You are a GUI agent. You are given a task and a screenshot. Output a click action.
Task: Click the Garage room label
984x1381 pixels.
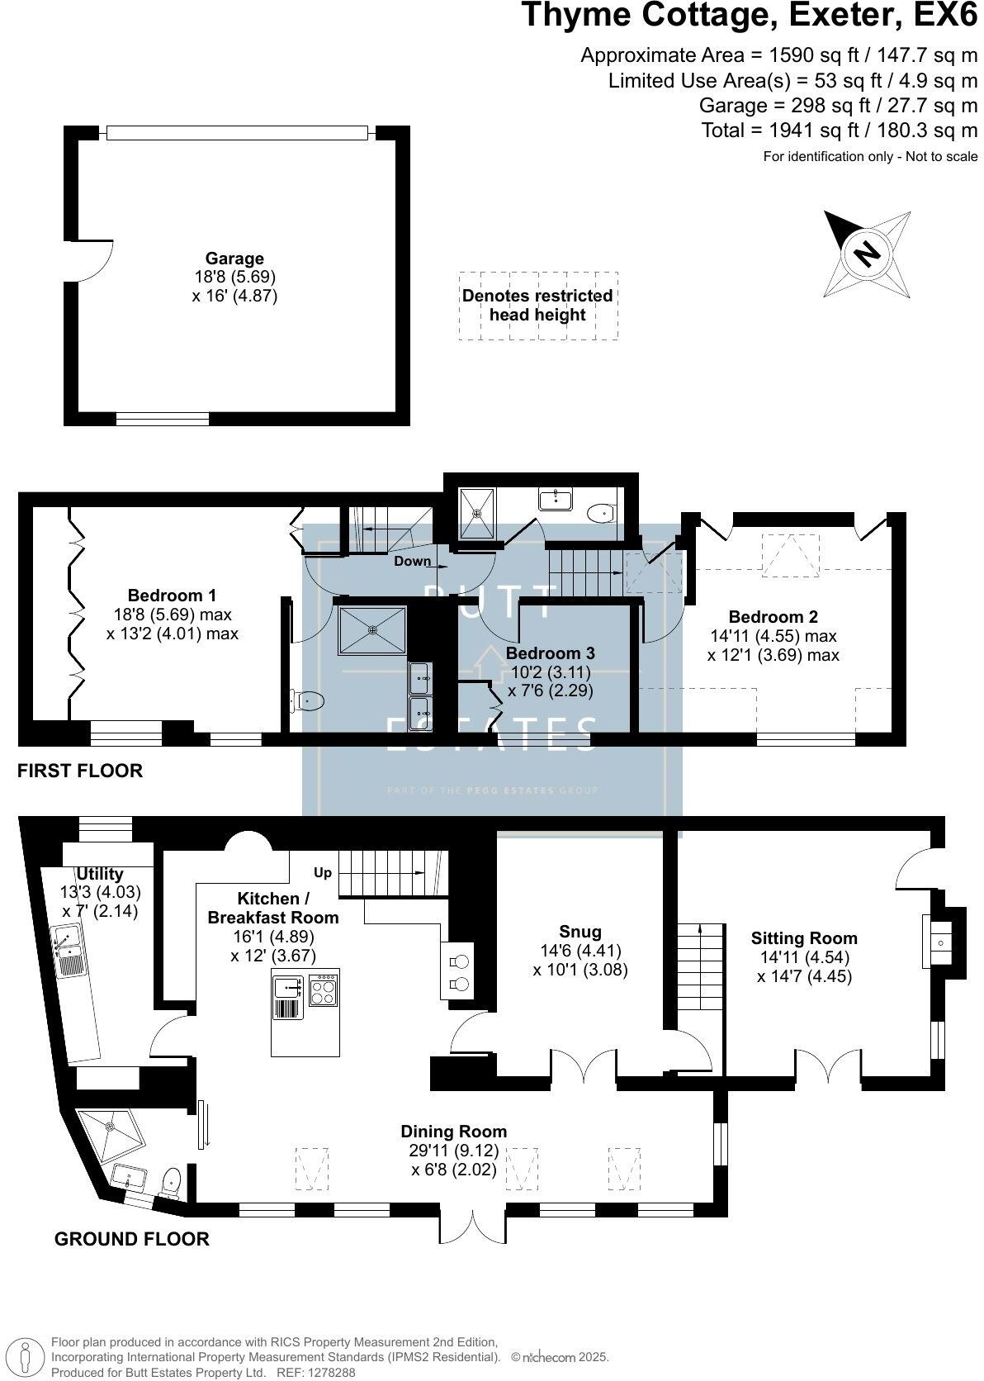(x=234, y=259)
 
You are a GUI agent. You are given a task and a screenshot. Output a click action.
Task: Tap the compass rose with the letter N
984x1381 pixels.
(x=866, y=253)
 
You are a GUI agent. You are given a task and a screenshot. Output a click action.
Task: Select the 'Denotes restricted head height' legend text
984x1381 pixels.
(x=537, y=305)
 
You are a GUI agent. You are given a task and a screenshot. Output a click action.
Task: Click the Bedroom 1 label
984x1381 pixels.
(x=172, y=596)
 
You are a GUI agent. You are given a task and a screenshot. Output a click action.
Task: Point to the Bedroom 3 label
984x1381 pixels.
(x=550, y=653)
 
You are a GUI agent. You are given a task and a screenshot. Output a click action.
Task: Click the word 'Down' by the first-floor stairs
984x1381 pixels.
(x=412, y=561)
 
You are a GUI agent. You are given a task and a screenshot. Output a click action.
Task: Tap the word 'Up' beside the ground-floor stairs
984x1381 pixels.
(x=323, y=872)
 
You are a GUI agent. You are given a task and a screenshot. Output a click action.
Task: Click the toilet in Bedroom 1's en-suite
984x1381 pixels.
(x=309, y=701)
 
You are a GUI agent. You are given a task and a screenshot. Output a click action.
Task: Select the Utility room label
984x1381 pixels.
(x=100, y=874)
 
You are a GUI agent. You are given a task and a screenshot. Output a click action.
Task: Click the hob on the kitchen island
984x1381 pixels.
(x=323, y=989)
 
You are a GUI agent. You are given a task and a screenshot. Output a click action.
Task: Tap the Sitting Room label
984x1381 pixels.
(x=804, y=938)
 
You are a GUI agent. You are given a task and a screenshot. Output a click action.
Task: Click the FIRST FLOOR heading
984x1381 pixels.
(x=80, y=771)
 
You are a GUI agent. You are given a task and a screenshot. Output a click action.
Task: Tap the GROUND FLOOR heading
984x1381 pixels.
(x=131, y=1239)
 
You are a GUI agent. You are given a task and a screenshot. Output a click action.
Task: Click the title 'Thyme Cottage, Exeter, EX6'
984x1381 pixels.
(x=749, y=17)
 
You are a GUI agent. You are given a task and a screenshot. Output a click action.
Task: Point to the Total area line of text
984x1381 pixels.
(x=839, y=130)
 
